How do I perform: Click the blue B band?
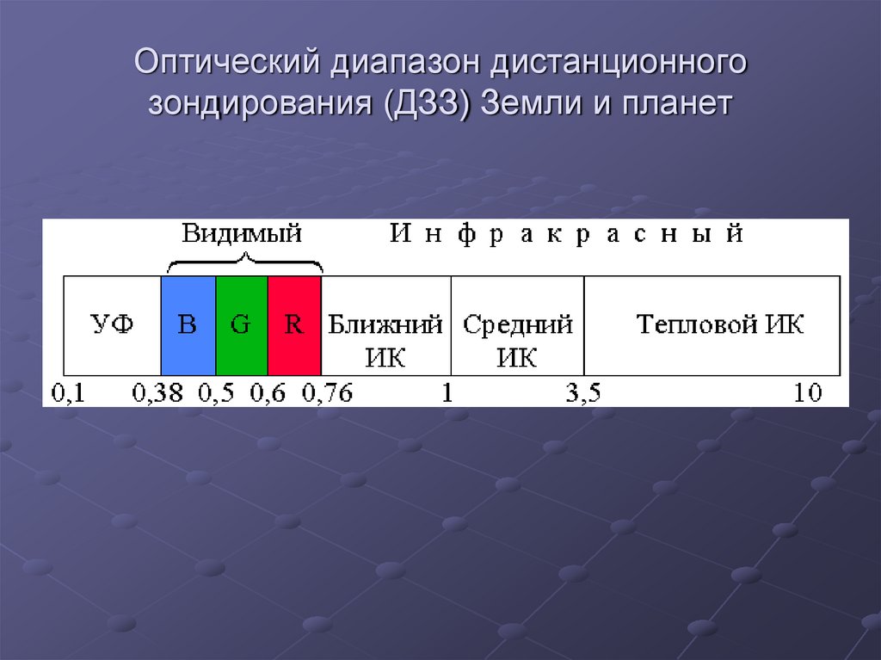(x=188, y=325)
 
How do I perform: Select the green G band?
(x=241, y=325)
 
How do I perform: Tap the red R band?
(x=294, y=325)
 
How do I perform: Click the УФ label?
(x=112, y=325)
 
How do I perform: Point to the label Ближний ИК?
(x=385, y=341)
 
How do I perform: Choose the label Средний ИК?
(x=517, y=341)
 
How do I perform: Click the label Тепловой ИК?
(x=720, y=325)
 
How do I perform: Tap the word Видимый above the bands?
(x=242, y=234)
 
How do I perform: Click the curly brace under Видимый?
(x=244, y=262)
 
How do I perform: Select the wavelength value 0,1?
(x=69, y=393)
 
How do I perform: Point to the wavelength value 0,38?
(x=157, y=393)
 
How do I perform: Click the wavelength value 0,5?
(x=217, y=393)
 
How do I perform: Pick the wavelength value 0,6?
(x=268, y=393)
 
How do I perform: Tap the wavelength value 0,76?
(x=328, y=393)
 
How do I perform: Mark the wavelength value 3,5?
(x=582, y=393)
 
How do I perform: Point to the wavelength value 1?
(x=447, y=393)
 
